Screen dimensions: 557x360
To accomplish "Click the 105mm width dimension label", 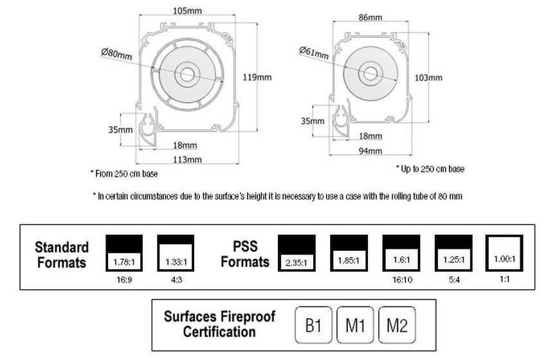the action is click(x=187, y=11).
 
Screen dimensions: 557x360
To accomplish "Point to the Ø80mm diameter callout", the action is click(x=116, y=54).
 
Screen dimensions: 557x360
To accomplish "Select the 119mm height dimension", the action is click(x=257, y=77).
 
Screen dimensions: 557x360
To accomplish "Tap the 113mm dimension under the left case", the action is click(x=187, y=160).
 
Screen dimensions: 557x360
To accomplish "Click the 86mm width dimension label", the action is click(x=370, y=17).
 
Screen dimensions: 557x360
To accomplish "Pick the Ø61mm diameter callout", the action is click(x=314, y=53).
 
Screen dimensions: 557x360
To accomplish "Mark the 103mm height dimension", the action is click(x=428, y=77).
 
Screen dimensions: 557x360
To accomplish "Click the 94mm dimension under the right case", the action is click(x=370, y=151).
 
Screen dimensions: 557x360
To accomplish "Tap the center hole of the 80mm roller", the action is click(x=187, y=75).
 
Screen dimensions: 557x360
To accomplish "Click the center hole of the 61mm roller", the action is click(x=370, y=73).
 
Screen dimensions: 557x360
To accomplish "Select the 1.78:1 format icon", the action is click(x=124, y=253).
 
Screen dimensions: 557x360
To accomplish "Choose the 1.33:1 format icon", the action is click(x=176, y=253).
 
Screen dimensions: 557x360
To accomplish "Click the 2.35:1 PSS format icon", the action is click(x=297, y=253).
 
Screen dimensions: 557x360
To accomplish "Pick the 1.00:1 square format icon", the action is click(x=504, y=253).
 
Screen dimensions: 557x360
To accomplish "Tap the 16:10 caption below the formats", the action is click(x=402, y=280).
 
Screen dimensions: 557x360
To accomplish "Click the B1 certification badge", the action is click(x=313, y=325).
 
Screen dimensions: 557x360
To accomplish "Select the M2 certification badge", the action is click(x=397, y=325).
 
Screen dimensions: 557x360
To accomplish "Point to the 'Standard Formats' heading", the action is click(x=62, y=255).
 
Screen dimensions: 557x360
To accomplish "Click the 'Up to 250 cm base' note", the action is click(x=430, y=169).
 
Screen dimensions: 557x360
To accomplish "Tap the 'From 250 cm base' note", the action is click(x=124, y=174).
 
